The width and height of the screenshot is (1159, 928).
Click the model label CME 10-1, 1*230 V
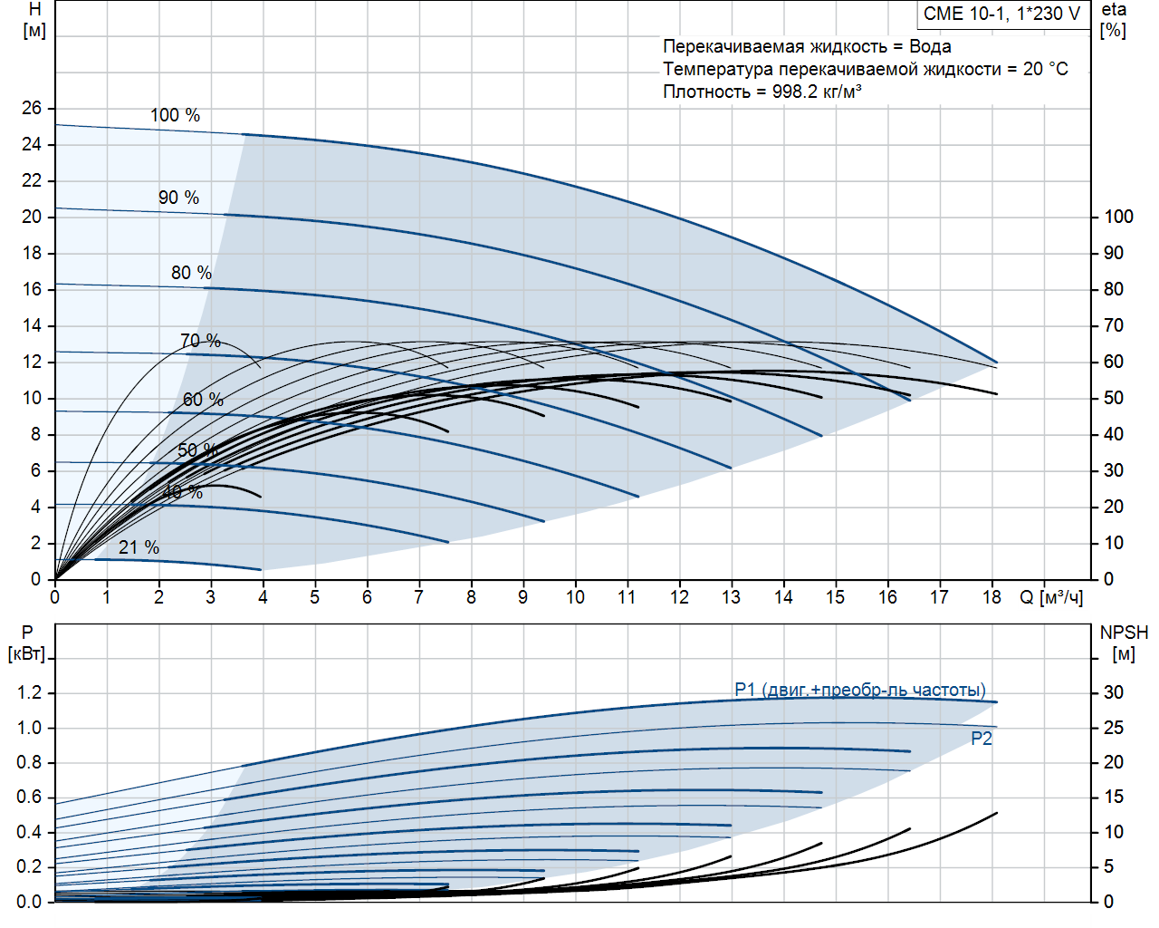pos(1001,14)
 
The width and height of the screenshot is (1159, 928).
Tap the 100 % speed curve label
pos(175,115)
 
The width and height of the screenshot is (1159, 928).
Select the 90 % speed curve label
pos(178,198)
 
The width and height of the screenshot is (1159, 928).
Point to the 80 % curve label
pos(191,273)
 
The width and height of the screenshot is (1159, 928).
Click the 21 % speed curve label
pos(139,547)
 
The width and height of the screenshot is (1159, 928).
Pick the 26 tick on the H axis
pos(32,108)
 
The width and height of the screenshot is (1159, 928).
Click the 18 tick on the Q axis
pos(991,597)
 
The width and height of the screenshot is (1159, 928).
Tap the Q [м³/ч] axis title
pos(1051,597)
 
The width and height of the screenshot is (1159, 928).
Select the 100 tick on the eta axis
pos(1118,217)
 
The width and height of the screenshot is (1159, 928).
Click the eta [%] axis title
pos(1114,20)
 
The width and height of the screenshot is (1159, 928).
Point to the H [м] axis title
pos(34,20)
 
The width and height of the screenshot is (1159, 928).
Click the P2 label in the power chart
pos(982,739)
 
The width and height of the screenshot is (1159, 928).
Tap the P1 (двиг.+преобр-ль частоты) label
pos(859,690)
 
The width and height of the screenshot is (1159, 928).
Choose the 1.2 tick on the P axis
pos(29,692)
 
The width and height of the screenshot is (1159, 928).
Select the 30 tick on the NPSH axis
pos(1113,692)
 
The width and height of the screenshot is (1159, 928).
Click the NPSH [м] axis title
pos(1124,643)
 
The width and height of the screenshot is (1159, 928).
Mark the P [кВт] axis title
pos(26,643)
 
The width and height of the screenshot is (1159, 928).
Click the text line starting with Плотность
pos(761,92)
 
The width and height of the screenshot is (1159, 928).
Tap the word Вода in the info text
pos(930,46)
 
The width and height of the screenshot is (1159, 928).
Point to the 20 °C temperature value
pos(1046,69)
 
